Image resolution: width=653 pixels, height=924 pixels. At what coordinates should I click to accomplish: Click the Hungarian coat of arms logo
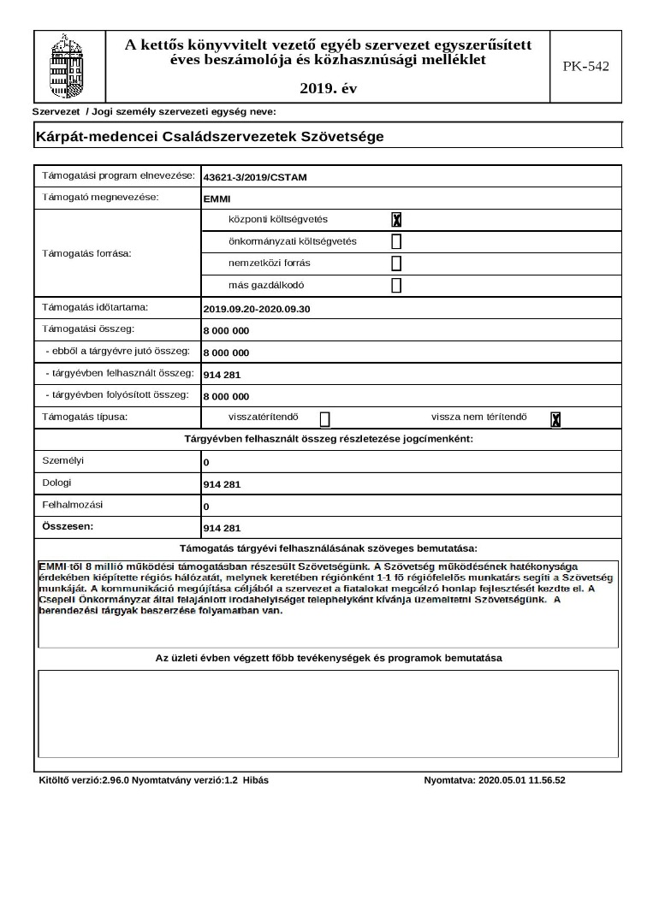69,66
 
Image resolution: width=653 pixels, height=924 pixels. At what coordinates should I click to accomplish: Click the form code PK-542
585,66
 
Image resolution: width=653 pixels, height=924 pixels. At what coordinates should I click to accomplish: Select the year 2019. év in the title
329,88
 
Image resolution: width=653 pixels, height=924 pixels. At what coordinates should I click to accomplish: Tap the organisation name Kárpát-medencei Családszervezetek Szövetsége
210,136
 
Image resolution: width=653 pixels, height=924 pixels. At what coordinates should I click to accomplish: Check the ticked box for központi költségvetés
396,220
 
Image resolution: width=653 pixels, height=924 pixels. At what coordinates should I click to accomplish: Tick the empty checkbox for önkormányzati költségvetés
396,241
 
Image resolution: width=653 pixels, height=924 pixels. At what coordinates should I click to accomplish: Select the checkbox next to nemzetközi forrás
396,264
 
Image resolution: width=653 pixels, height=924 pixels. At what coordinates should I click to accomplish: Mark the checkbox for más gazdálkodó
396,286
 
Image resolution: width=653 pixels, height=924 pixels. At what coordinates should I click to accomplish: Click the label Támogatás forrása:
81,253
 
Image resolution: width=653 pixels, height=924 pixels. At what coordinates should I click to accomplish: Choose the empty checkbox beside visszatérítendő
324,418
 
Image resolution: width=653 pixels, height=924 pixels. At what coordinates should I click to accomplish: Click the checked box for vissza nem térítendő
555,418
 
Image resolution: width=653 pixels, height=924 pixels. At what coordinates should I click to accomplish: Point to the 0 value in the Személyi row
206,463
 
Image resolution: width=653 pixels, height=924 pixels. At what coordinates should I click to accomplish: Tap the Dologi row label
56,483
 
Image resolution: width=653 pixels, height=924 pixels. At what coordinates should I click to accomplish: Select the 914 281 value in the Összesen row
222,528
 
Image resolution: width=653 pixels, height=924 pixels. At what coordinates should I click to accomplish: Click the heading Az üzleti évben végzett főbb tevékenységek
329,658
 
